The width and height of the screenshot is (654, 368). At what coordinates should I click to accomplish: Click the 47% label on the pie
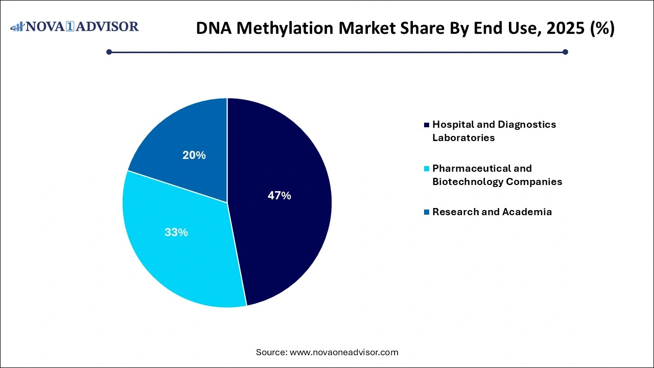click(x=279, y=195)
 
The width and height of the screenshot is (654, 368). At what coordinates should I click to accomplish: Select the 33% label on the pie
click(x=176, y=232)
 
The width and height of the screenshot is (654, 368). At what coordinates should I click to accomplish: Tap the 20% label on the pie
click(x=194, y=155)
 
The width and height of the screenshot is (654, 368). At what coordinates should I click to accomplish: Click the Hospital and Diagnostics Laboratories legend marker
click(x=427, y=125)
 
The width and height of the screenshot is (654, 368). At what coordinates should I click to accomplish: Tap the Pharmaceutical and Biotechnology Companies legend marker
click(x=427, y=169)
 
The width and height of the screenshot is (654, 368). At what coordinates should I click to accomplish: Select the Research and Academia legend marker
click(x=427, y=212)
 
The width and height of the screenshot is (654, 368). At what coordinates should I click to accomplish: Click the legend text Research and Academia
click(x=492, y=212)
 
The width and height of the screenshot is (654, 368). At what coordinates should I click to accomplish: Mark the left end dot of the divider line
click(x=109, y=52)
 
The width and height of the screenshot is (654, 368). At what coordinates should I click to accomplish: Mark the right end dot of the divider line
click(x=565, y=52)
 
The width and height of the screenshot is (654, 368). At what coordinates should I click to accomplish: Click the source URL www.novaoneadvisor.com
click(x=344, y=352)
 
